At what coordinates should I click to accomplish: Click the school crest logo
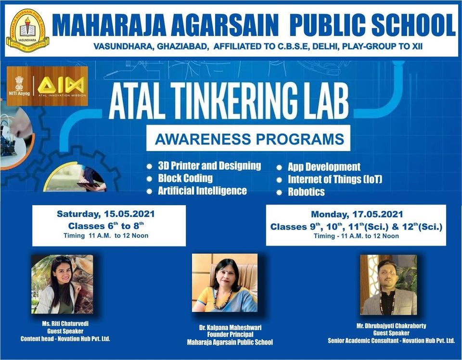(x=28, y=30)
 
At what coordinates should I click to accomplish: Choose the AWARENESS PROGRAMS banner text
(x=249, y=139)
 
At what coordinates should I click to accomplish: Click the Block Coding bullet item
(x=185, y=178)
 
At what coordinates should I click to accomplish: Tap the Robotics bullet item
(x=306, y=192)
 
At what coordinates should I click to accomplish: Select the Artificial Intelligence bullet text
(x=202, y=191)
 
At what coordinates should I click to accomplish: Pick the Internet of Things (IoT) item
(x=335, y=180)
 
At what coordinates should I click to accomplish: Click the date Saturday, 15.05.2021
(x=105, y=214)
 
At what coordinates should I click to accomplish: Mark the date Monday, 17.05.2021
(x=357, y=214)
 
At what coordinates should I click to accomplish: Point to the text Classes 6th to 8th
(x=106, y=226)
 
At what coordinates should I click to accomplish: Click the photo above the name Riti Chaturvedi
(x=62, y=284)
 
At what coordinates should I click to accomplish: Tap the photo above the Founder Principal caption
(x=225, y=283)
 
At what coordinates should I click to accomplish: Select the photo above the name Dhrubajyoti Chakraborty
(x=388, y=285)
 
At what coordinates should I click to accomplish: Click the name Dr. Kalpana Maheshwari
(x=230, y=328)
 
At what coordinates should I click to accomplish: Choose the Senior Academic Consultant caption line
(x=391, y=341)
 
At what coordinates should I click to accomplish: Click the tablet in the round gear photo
(x=88, y=185)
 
